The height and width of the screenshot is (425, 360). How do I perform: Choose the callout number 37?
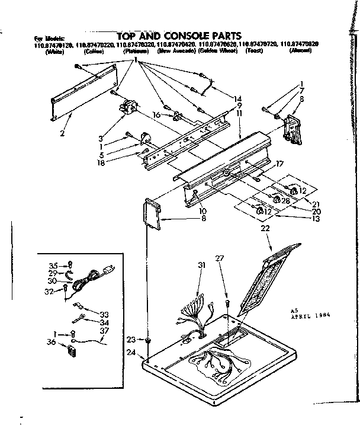point(104,330)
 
